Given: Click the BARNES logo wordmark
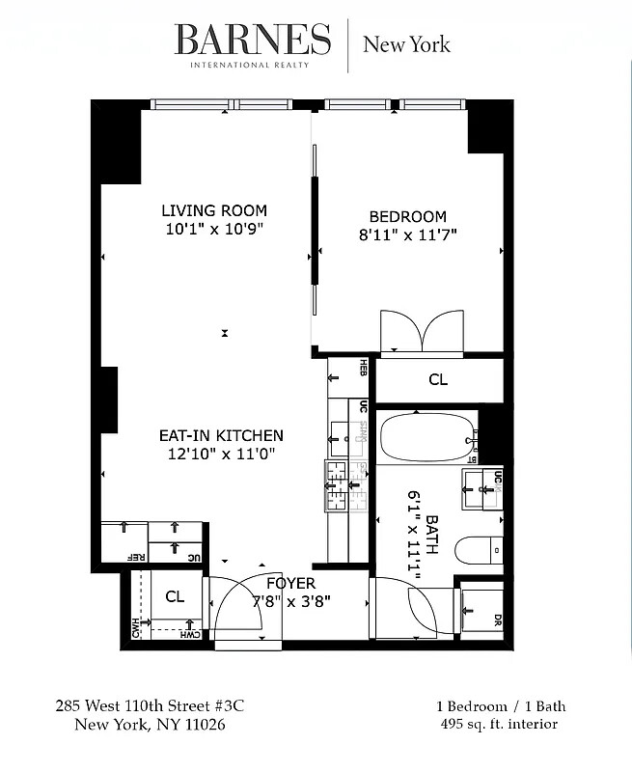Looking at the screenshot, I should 252,40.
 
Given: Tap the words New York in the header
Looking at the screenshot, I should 405,43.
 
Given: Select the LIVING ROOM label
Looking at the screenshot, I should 214,210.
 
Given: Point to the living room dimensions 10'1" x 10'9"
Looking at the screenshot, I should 214,229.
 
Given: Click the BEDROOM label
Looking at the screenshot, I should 408,216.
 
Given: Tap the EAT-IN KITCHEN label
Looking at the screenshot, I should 221,435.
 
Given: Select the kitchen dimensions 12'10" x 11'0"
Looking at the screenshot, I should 221,454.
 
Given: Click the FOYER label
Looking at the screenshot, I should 290,583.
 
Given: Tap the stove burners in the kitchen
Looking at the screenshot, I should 337,485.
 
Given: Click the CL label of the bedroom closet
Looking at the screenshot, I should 438,379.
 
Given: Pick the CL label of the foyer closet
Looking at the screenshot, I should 174,596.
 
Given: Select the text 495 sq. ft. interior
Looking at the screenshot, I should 497,724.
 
